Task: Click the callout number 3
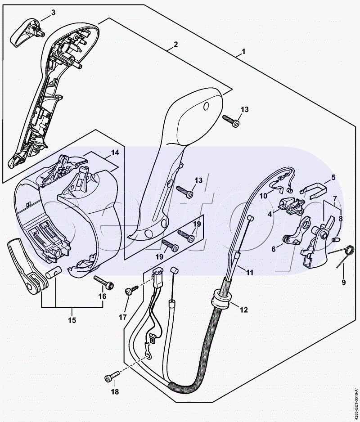(x=53, y=13)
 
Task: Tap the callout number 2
(x=175, y=44)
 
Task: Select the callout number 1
(x=244, y=51)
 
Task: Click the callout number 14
(x=115, y=153)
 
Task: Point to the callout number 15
(x=72, y=320)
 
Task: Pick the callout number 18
(x=115, y=391)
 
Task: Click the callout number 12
(x=244, y=310)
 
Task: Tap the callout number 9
(x=344, y=283)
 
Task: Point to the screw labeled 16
(x=103, y=282)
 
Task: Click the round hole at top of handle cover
(x=206, y=106)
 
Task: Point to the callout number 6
(x=274, y=249)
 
